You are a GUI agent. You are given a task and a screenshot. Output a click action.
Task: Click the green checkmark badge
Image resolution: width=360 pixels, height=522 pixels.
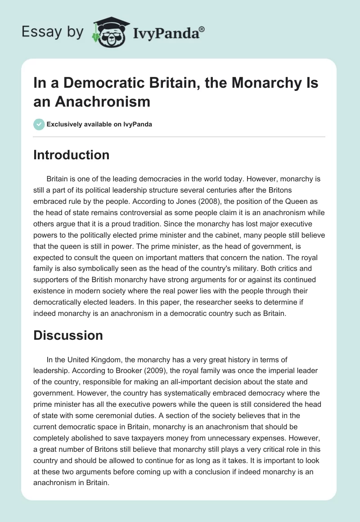[39, 124]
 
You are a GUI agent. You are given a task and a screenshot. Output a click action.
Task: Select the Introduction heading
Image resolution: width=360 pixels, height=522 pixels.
[71, 155]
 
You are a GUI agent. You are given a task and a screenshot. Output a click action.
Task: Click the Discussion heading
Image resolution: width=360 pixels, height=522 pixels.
[68, 335]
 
